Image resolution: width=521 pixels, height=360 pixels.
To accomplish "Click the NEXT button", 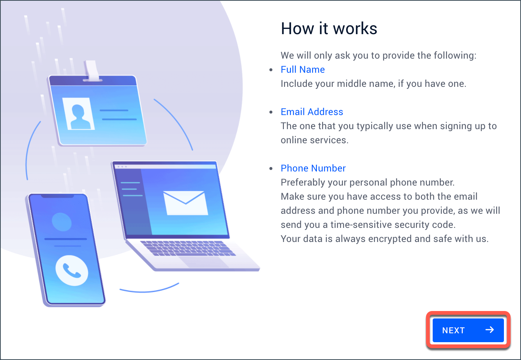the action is (468, 330).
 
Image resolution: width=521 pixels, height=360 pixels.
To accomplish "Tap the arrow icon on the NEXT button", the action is (489, 330).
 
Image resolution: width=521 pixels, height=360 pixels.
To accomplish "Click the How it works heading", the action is (329, 29).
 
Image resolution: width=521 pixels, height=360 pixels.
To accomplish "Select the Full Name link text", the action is (302, 69).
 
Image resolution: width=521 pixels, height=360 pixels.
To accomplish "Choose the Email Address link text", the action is (312, 112).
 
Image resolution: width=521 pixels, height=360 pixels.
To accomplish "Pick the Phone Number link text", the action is (313, 168).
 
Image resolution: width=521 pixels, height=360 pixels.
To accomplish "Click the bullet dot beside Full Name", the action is (271, 70).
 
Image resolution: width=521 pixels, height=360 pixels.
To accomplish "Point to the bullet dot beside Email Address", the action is (271, 112).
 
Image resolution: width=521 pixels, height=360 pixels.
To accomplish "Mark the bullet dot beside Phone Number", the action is (271, 168).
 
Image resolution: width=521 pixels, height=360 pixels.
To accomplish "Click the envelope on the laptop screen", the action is (186, 203).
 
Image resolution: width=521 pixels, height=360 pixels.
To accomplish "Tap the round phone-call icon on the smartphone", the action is (72, 271).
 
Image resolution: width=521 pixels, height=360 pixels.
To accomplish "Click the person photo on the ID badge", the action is (78, 114).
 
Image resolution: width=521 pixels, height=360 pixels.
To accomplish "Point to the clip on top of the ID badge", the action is (92, 71).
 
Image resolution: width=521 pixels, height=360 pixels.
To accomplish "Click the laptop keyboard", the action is (188, 248).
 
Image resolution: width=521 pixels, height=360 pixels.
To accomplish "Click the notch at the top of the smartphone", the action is (58, 196).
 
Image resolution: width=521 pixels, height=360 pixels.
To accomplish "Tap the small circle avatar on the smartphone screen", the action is (62, 222).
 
